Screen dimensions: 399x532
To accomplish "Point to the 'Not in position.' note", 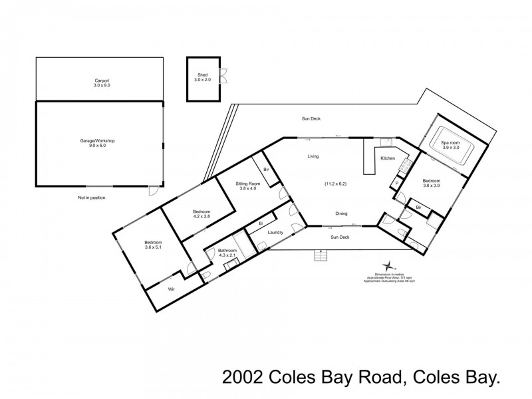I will [x=92, y=198].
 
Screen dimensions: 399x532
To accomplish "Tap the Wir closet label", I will [x=171, y=289].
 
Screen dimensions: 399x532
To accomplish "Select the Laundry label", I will [x=276, y=232].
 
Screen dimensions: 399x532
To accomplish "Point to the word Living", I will [x=313, y=157].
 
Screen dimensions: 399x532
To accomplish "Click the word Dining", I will [x=341, y=213].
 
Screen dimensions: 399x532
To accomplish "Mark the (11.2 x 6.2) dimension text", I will [x=336, y=184].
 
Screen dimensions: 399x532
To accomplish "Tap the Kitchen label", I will [x=388, y=158].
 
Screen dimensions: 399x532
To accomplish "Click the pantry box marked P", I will [x=397, y=184].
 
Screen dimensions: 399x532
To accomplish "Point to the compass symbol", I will [x=389, y=265].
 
